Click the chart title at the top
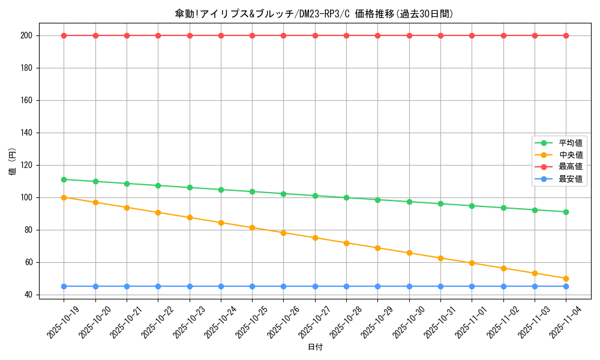click(x=314, y=14)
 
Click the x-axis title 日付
click(x=315, y=347)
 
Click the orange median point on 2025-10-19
click(x=64, y=197)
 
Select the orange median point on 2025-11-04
click(x=566, y=278)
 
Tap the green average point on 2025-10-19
click(x=64, y=179)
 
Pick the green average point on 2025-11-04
click(x=566, y=212)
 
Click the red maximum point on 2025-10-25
click(x=252, y=35)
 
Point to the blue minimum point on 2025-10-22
click(x=158, y=286)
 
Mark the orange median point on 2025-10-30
click(x=409, y=253)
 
